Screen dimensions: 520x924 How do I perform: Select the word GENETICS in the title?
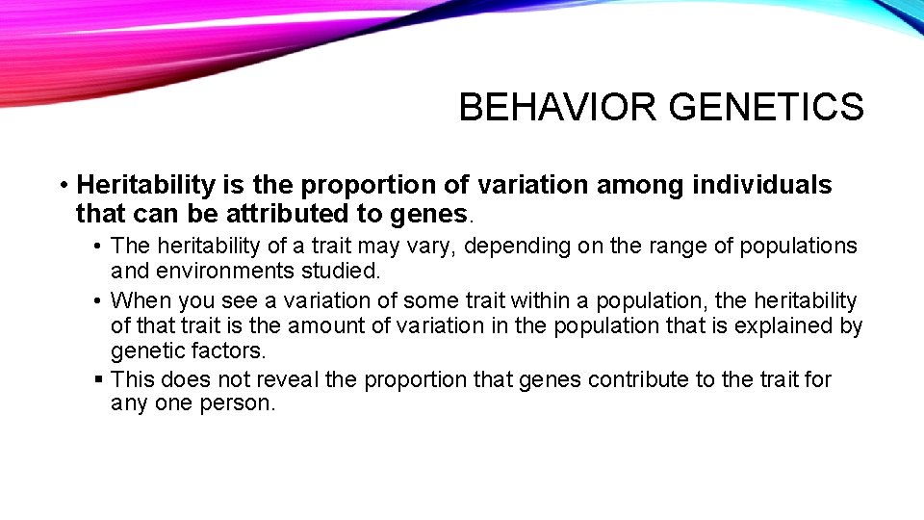[x=766, y=107]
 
